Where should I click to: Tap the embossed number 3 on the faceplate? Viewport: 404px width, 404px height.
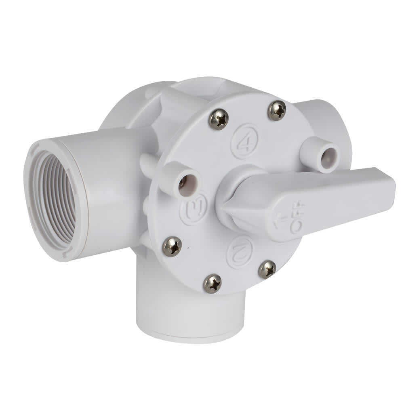pyautogui.click(x=194, y=209)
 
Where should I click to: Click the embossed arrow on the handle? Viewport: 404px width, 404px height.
pyautogui.click(x=279, y=220)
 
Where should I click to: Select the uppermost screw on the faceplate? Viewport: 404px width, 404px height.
pyautogui.click(x=277, y=110)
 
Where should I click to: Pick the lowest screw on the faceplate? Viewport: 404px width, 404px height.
pyautogui.click(x=212, y=283)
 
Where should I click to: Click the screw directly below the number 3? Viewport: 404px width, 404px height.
pyautogui.click(x=172, y=246)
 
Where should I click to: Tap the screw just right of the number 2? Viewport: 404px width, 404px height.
pyautogui.click(x=267, y=269)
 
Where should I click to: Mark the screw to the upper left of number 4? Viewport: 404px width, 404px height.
pyautogui.click(x=219, y=119)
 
